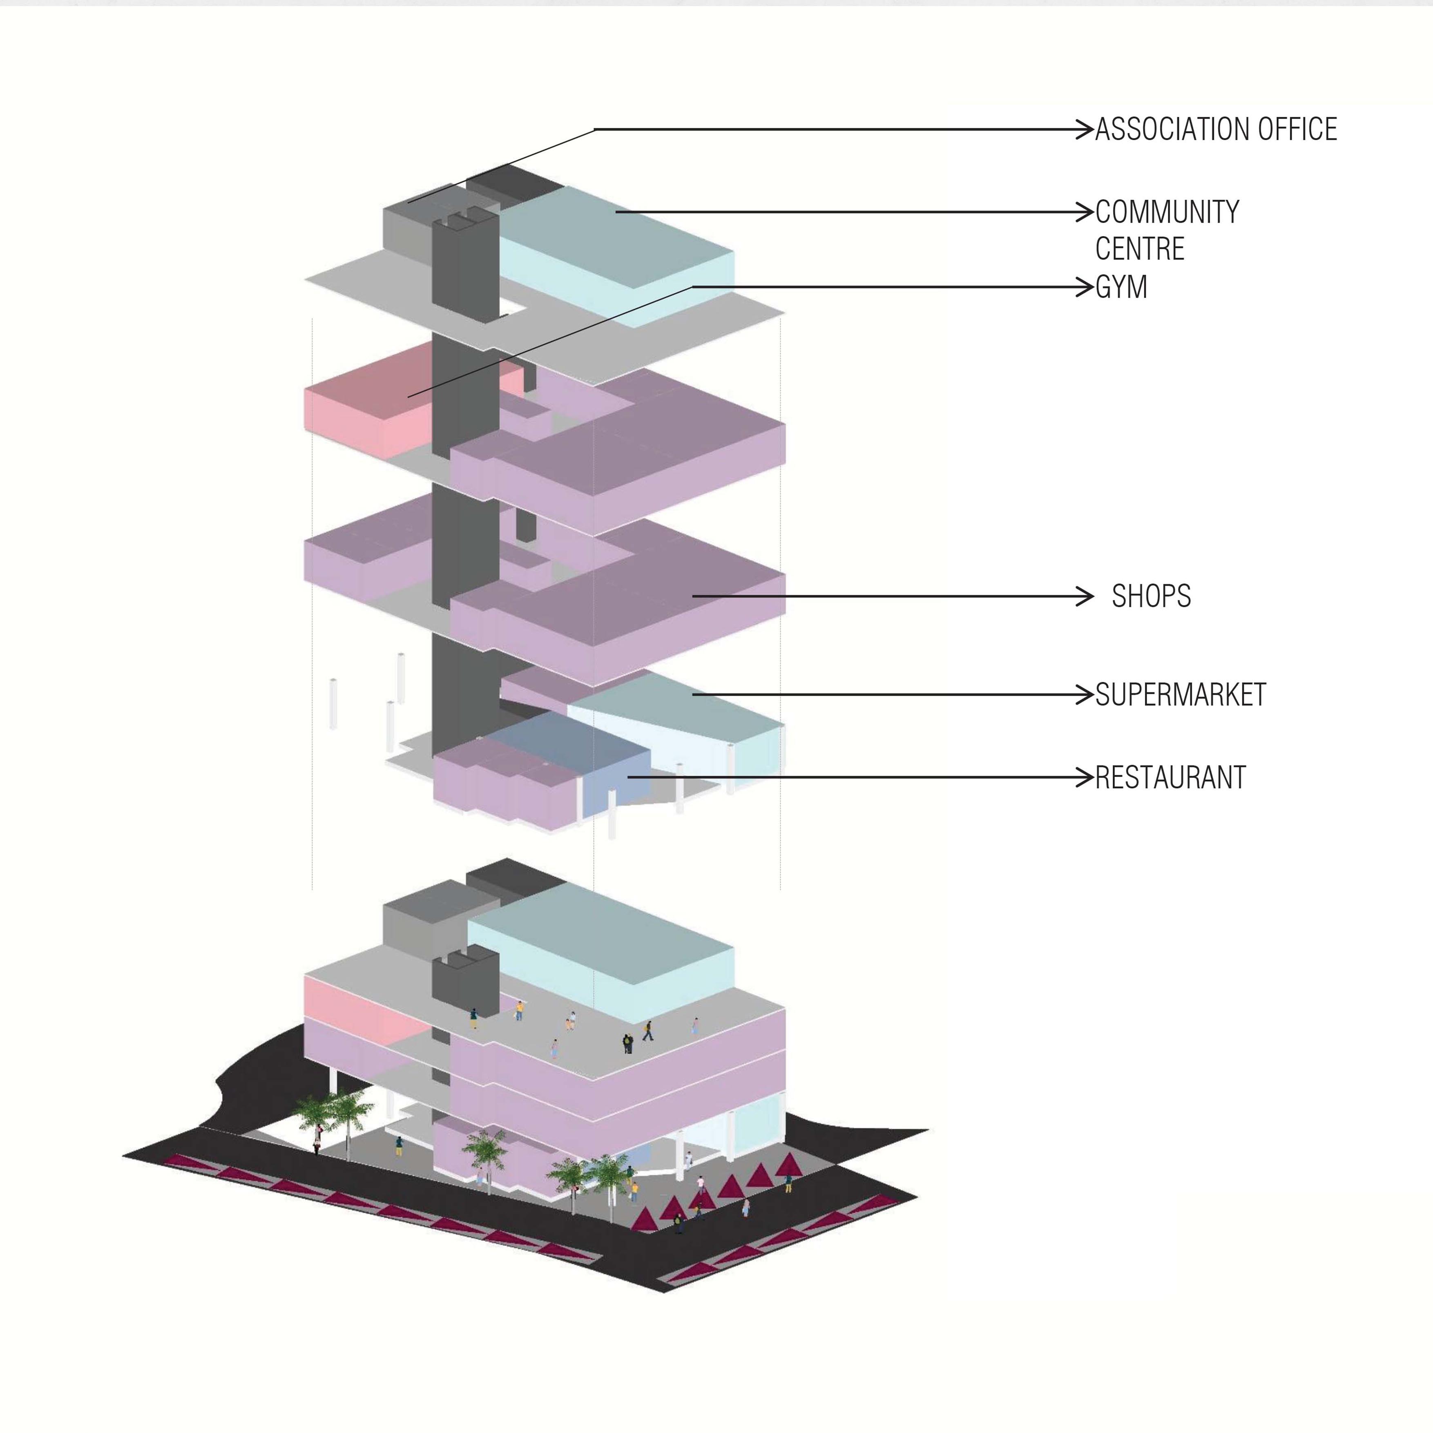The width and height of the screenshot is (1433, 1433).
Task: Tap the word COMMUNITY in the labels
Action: pos(1167,212)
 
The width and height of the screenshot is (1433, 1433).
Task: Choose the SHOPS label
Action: pos(1151,596)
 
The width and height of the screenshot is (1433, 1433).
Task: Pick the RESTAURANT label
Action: pos(1170,778)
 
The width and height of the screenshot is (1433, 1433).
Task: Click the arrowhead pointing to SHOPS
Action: pos(1085,596)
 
